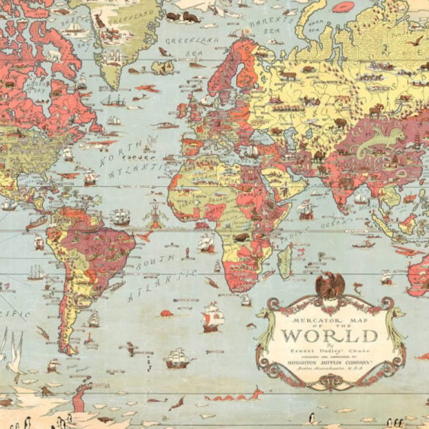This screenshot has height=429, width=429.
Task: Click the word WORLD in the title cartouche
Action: [329, 336]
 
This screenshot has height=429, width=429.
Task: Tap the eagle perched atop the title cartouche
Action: [330, 285]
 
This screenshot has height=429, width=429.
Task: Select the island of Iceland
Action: [163, 68]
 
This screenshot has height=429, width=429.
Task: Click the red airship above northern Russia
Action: [343, 7]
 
